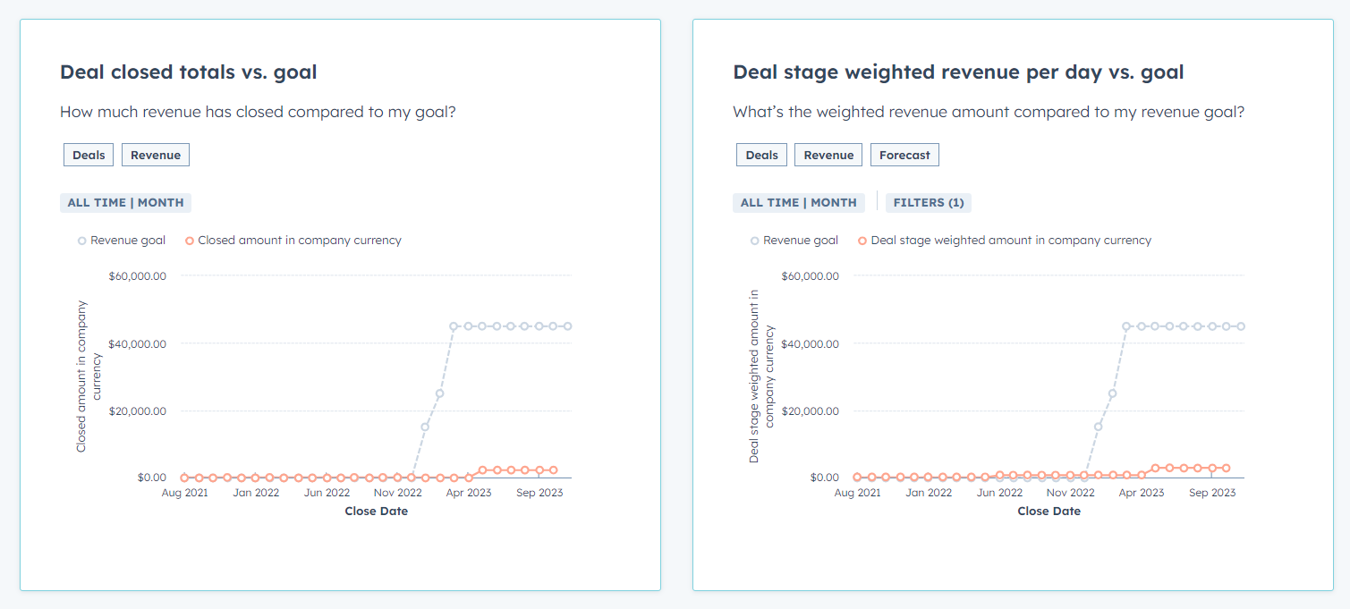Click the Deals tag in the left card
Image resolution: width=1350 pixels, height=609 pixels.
(89, 155)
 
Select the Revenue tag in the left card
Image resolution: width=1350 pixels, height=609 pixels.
(156, 155)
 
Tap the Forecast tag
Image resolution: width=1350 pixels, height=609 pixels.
(904, 155)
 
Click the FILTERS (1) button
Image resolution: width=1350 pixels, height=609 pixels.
(929, 202)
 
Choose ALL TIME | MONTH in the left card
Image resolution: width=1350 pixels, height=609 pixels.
(125, 202)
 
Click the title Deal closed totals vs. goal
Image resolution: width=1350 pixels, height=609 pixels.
(188, 72)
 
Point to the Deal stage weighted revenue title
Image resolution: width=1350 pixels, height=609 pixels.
(958, 72)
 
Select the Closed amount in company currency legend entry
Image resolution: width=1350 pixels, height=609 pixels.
(293, 240)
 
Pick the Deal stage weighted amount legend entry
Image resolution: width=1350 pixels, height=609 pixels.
(1005, 240)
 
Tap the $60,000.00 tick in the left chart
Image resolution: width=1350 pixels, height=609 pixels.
(138, 275)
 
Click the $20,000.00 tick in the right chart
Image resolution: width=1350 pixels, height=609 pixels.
(811, 410)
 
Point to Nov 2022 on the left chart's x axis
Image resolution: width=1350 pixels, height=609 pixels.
(397, 493)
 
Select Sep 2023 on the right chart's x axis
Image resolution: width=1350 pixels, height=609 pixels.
(1212, 493)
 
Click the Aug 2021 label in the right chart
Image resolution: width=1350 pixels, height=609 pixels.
(857, 493)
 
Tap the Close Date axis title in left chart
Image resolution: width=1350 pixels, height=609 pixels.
(376, 512)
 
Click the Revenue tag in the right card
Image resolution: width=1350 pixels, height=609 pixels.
(828, 155)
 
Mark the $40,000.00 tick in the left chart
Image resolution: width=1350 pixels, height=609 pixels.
(138, 343)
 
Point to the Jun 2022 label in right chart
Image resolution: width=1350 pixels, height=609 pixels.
(999, 493)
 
